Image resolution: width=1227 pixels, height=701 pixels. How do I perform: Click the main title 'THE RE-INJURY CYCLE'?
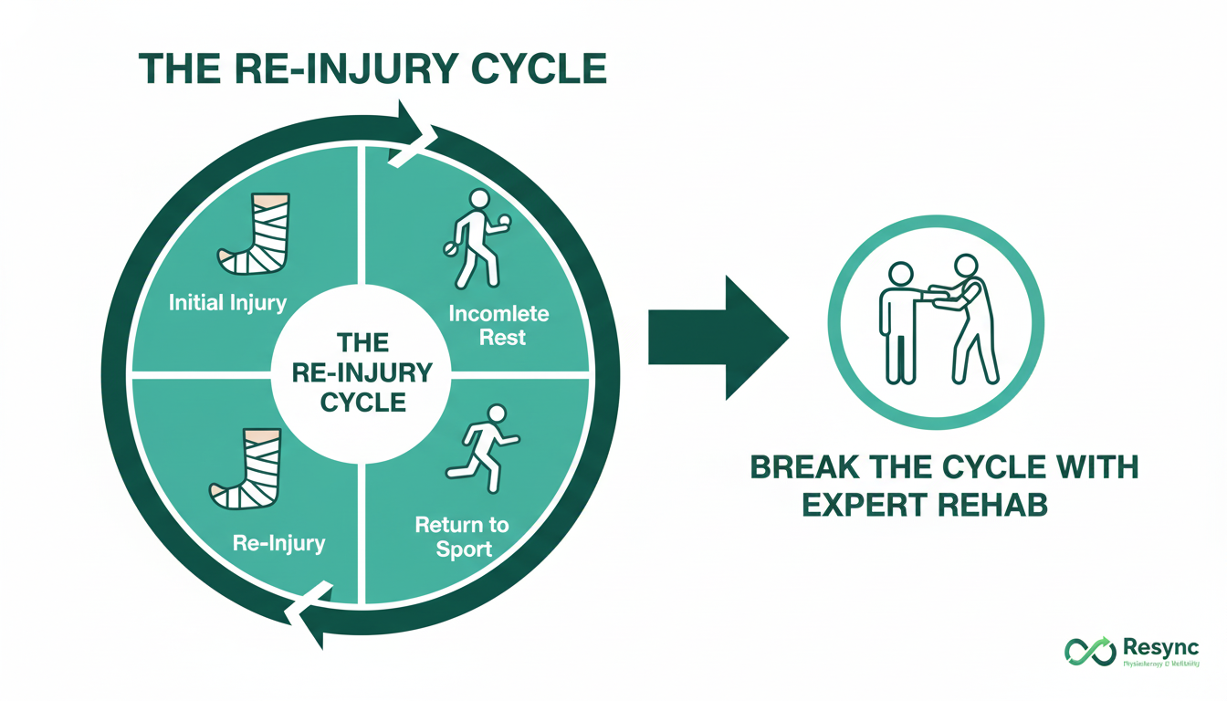[x=372, y=71]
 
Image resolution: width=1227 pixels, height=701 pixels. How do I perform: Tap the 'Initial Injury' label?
[x=227, y=302]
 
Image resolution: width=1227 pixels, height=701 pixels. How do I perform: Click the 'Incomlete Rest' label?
[x=498, y=325]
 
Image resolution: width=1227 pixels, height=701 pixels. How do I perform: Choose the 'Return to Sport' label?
[x=461, y=537]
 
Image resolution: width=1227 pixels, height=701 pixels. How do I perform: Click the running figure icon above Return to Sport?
[x=483, y=449]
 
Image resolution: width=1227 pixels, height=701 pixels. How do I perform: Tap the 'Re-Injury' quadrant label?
[x=278, y=543]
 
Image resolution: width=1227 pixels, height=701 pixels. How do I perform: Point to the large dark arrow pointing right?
[x=718, y=338]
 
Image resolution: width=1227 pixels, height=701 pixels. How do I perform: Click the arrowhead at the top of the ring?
[x=414, y=134]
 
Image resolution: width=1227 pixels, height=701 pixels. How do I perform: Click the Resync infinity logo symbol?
[x=1090, y=651]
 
